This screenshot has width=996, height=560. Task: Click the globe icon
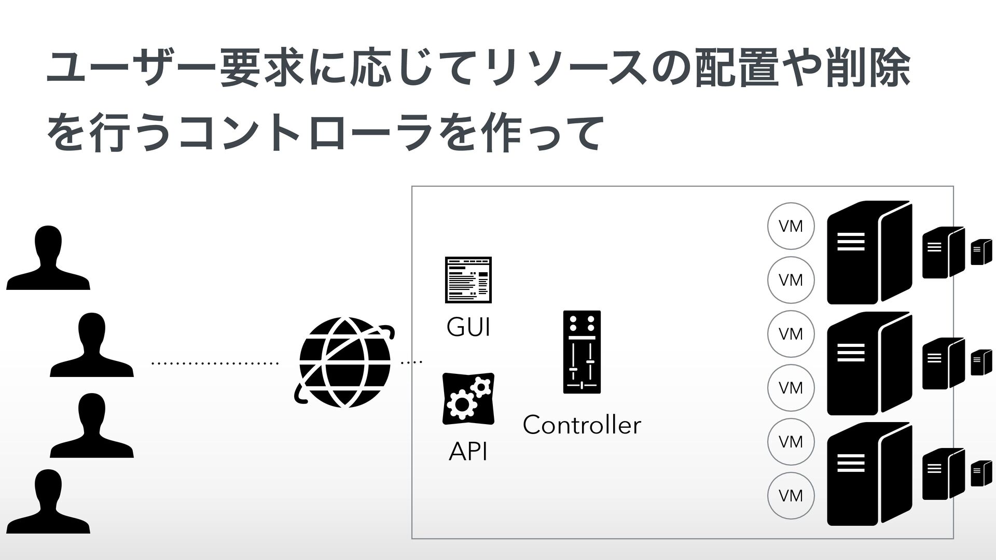coord(344,362)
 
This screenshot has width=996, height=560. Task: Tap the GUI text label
coord(468,328)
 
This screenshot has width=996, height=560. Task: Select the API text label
coord(468,452)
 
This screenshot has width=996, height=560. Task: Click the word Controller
coord(582,425)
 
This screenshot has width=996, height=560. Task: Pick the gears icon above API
coord(468,398)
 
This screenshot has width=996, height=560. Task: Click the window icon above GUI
coord(468,279)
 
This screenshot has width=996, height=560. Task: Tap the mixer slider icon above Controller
coord(582,352)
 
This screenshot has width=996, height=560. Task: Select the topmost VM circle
coord(791,226)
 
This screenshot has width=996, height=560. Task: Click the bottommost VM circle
coord(791,496)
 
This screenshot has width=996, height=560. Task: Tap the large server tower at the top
coord(869,252)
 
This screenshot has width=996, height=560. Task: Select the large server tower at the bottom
coord(869,473)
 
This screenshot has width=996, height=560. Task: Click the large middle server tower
coord(869,363)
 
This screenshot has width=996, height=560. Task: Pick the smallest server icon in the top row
coord(981,252)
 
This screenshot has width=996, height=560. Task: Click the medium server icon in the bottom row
coord(943,474)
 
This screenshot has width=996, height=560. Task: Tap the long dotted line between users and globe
coord(214,363)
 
